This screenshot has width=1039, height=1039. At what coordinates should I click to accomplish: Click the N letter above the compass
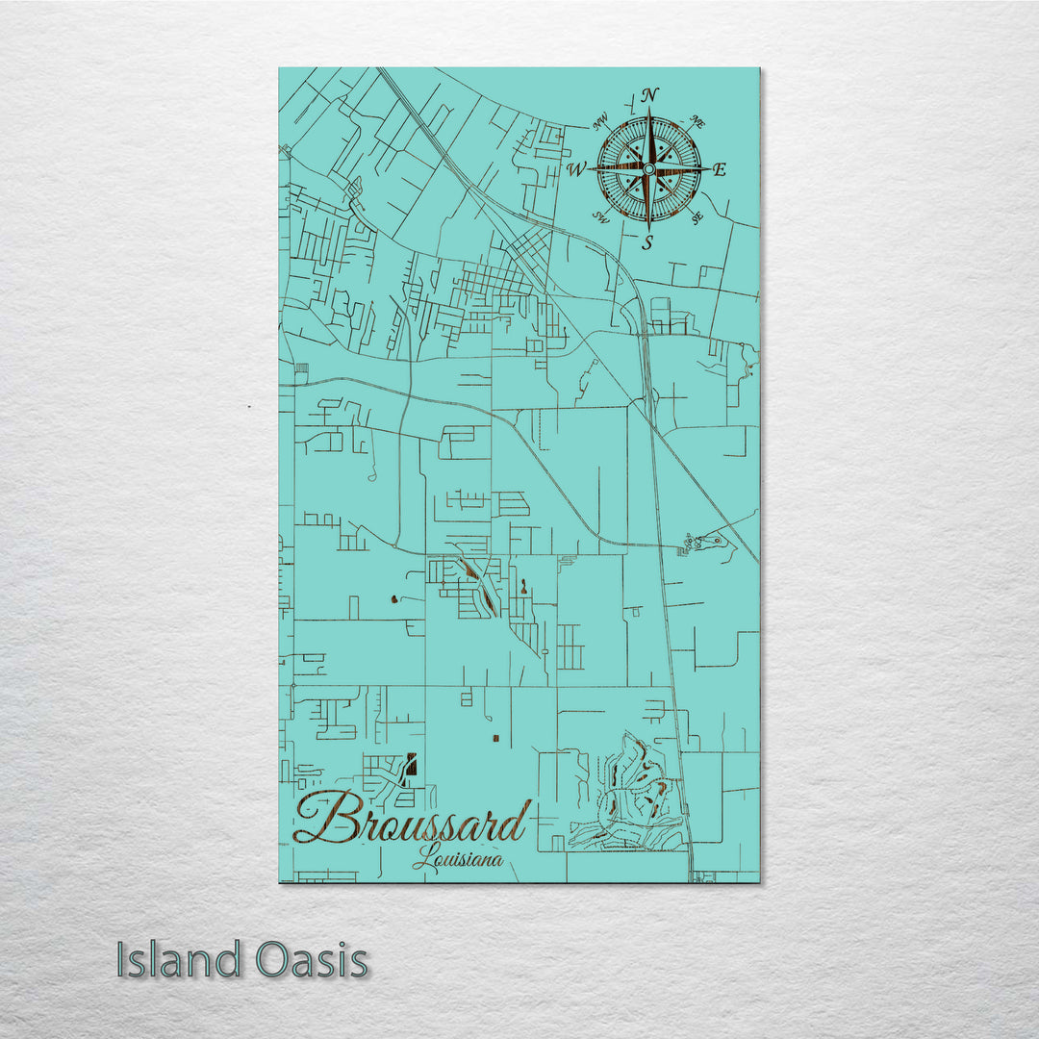point(649,95)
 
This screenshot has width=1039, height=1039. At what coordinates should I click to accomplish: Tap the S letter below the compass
point(647,242)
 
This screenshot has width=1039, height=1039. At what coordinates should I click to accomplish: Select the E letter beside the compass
point(721,170)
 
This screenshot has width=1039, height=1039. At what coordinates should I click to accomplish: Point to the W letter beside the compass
point(576,170)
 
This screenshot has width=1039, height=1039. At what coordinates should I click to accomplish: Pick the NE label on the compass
point(698,122)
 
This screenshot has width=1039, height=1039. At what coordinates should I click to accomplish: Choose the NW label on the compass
point(601,121)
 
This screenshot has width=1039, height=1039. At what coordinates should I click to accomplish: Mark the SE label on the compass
point(697,218)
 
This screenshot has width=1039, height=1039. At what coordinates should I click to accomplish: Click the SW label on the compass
point(600,216)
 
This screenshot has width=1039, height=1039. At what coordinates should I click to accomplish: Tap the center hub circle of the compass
point(648,169)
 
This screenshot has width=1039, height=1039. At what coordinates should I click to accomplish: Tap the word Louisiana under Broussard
point(458,858)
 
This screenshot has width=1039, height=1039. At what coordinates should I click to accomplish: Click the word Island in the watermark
point(179,960)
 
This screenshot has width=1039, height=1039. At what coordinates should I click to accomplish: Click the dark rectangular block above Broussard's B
point(413,764)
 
